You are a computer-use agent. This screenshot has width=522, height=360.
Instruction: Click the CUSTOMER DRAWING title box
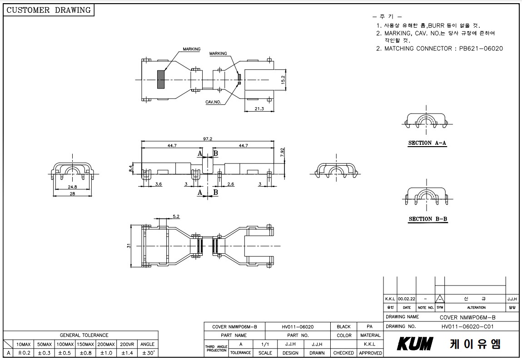coord(49,10)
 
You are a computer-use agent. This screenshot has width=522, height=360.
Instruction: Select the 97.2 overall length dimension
coord(208,139)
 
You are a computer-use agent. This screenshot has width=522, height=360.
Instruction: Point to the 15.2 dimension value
coord(283,80)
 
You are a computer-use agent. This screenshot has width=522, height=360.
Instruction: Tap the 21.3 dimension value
coord(259,109)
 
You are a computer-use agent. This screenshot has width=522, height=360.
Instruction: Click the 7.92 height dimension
coord(282,153)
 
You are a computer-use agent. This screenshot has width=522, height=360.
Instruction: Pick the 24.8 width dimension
coord(72,187)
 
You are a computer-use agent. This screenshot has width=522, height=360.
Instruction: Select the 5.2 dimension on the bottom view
coord(176,216)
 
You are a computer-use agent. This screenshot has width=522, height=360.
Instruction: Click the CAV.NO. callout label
coord(213,102)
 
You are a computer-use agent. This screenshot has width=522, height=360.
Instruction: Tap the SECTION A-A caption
coord(428,143)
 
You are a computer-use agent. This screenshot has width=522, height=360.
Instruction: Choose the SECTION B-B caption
coord(428,219)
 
